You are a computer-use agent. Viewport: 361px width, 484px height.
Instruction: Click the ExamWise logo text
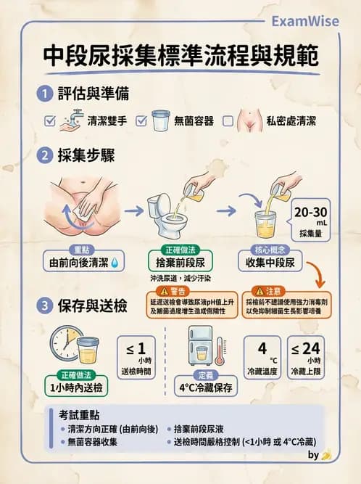(304, 21)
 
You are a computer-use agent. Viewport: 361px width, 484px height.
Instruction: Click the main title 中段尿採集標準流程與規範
(180, 56)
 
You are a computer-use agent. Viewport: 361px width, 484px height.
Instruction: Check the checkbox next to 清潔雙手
(50, 121)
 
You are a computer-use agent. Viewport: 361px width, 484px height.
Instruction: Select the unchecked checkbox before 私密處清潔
(228, 121)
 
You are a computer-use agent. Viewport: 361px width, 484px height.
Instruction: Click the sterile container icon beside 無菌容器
(159, 120)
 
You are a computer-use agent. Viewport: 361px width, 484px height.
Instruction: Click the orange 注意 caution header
(276, 290)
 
